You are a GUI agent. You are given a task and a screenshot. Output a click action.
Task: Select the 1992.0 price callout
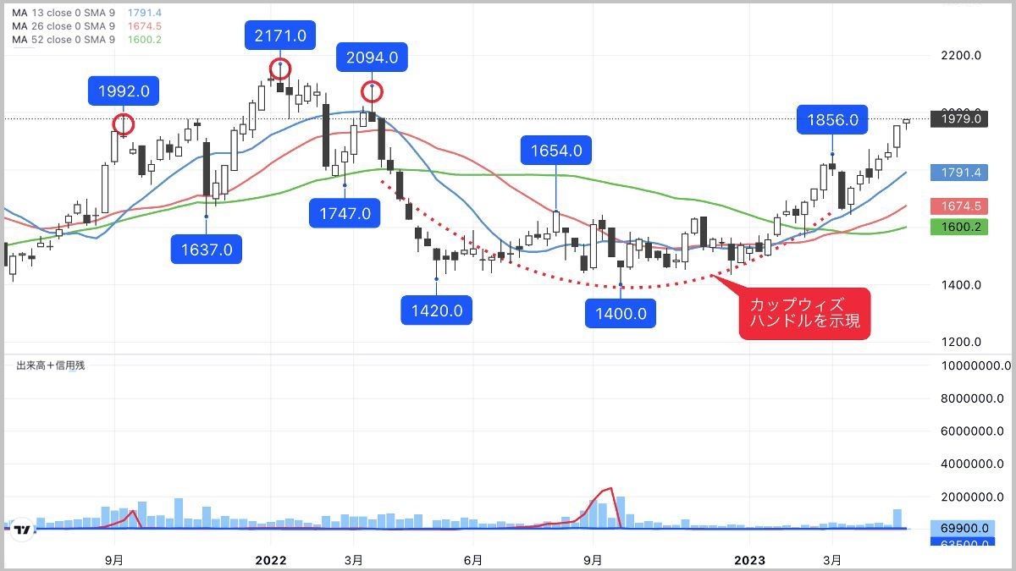click(124, 91)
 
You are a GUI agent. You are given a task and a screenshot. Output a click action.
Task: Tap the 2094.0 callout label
click(373, 58)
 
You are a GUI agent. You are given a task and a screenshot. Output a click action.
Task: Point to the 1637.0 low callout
click(207, 250)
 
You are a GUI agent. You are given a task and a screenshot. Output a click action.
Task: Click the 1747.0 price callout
click(345, 213)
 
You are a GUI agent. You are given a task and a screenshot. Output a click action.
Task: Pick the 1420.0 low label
click(437, 310)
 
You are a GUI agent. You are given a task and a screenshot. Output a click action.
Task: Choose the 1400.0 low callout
click(621, 314)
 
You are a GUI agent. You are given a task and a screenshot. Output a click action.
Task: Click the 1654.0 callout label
click(556, 151)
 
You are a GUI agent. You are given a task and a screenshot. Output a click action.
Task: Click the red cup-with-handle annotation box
click(804, 313)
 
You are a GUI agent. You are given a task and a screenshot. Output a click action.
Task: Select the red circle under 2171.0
click(279, 69)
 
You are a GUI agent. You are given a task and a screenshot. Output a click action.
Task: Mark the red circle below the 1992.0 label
click(124, 125)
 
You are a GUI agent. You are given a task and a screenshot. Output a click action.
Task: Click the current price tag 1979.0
click(959, 119)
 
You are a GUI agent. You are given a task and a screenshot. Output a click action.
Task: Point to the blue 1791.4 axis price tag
click(959, 173)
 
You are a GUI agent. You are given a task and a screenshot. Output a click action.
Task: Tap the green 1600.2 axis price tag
click(959, 228)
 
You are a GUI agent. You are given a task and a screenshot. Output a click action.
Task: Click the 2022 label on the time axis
click(271, 559)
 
